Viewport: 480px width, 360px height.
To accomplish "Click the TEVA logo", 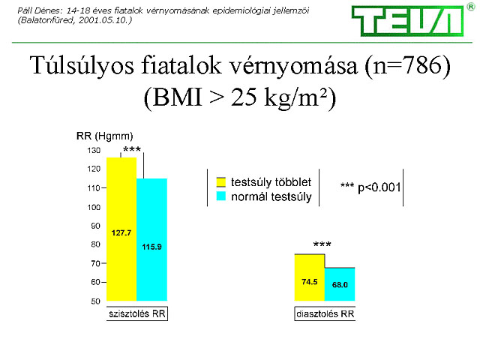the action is [x=407, y=21].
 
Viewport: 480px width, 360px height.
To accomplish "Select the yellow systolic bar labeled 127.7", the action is [x=121, y=229].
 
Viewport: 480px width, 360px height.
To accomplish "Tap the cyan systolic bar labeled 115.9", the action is [x=151, y=239].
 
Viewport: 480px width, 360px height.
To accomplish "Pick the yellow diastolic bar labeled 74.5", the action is [x=310, y=277].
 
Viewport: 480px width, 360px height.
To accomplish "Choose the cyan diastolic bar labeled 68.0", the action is [x=340, y=284].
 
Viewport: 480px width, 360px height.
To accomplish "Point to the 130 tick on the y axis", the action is [x=94, y=150].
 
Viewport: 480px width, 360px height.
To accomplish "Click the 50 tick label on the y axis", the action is [x=95, y=301].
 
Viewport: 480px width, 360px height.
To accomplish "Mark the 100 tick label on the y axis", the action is [x=94, y=207].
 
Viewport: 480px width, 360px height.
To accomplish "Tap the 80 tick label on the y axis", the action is [x=95, y=244].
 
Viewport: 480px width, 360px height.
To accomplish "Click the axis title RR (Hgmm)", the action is [x=105, y=136].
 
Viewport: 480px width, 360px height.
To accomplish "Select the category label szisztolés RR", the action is [x=137, y=313].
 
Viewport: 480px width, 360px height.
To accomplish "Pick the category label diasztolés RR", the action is [x=325, y=313].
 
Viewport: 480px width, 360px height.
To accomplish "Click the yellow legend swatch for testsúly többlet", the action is [x=221, y=181].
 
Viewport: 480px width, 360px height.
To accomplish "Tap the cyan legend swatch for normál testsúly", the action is [x=221, y=196].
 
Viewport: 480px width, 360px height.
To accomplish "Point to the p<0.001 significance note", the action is [x=370, y=187].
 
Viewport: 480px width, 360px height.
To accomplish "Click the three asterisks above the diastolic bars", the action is [x=322, y=244].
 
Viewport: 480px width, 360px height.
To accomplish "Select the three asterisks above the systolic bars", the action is [x=132, y=149].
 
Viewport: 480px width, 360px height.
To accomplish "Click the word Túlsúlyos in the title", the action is [x=82, y=66].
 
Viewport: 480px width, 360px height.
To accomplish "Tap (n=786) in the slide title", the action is [x=408, y=66].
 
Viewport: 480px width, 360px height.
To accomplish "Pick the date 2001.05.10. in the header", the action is [x=105, y=20].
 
